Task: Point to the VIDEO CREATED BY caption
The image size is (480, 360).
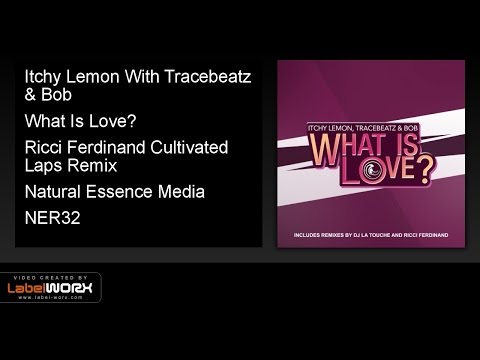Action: (x=50, y=276)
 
